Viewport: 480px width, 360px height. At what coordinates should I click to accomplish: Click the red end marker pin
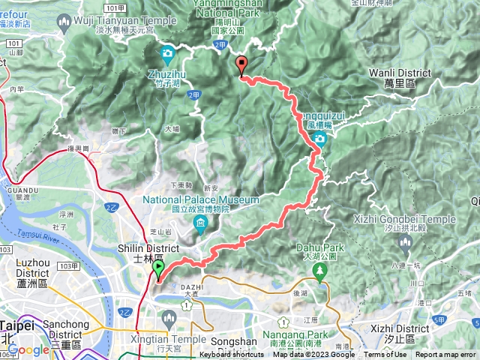[x=241, y=65]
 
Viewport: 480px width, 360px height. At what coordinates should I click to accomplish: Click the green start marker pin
[x=158, y=268]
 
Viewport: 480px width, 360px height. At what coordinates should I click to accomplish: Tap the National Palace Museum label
[x=201, y=200]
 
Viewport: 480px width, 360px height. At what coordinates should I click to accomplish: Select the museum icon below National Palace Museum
[x=200, y=223]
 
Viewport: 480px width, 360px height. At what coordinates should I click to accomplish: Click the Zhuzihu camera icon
[x=166, y=55]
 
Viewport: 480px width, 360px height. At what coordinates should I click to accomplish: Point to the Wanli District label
[x=400, y=73]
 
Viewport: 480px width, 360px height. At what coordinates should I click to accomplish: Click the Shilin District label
[x=148, y=248]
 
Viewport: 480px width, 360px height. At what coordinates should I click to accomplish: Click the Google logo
[x=28, y=349]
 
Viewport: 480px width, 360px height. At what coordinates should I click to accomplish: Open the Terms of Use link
[x=386, y=355]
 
